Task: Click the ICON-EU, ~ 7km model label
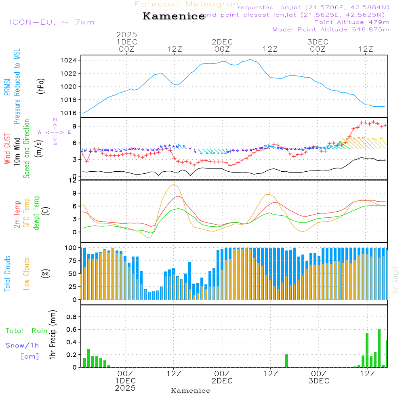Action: [52, 22]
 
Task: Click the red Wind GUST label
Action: [8, 149]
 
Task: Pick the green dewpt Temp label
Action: [36, 213]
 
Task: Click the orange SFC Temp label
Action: [27, 213]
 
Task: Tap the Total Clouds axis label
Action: [8, 274]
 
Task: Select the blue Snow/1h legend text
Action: [23, 345]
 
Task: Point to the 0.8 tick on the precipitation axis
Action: [72, 317]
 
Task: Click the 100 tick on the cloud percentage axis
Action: [71, 248]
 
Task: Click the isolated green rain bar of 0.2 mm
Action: [286, 360]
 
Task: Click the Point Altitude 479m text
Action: [351, 22]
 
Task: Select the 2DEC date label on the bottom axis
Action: [222, 381]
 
